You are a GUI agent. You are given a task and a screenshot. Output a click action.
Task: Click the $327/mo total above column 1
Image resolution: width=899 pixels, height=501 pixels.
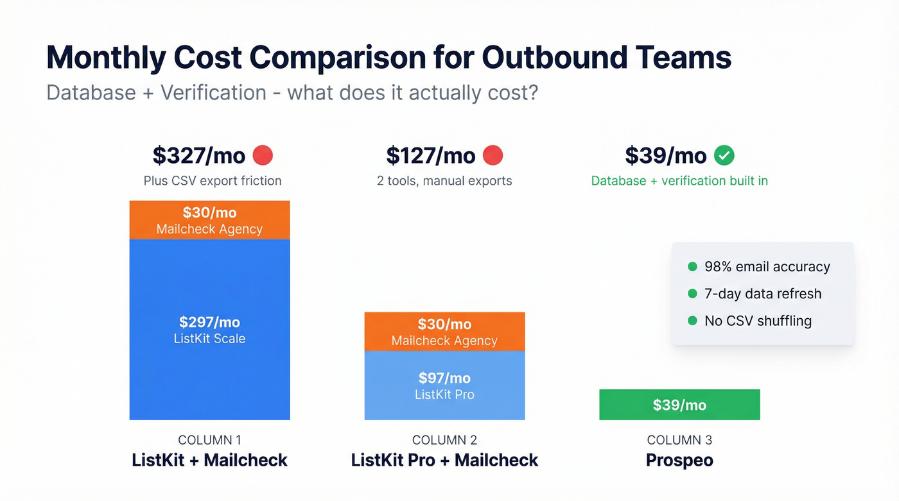(x=199, y=155)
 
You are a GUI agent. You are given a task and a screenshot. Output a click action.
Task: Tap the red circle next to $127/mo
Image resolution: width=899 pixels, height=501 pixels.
(x=493, y=155)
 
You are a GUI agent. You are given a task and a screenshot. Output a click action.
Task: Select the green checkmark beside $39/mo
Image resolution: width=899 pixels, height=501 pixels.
(x=724, y=155)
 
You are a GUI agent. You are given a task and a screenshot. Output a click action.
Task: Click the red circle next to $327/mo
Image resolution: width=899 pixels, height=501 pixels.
(x=263, y=155)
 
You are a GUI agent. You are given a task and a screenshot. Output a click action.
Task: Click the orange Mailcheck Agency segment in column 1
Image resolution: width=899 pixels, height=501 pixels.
(x=209, y=220)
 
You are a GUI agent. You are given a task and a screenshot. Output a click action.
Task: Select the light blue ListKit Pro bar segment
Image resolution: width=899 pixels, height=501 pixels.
(x=444, y=386)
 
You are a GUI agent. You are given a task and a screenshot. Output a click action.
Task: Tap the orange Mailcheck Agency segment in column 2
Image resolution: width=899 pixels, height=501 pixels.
(x=444, y=332)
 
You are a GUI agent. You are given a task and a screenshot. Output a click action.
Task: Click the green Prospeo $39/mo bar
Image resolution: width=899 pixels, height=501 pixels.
(x=679, y=405)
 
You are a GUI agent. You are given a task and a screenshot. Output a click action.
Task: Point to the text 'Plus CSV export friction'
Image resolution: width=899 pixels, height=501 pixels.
(x=213, y=181)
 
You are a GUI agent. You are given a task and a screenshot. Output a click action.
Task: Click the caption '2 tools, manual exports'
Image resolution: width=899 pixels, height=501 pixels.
(x=444, y=181)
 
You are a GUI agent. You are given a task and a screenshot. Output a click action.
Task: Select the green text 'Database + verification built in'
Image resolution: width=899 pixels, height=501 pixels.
(x=679, y=181)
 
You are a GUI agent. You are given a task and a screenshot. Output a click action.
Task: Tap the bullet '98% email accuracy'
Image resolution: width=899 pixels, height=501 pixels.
(x=767, y=267)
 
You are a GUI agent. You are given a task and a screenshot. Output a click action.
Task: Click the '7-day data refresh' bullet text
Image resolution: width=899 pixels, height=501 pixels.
(x=763, y=294)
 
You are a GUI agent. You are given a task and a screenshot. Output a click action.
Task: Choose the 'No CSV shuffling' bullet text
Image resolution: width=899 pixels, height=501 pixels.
(x=758, y=321)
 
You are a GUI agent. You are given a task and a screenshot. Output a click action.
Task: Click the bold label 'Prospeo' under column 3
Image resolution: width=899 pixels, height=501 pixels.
(x=679, y=460)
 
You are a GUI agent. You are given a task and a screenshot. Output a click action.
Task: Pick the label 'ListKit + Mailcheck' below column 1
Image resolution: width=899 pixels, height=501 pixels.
(x=209, y=460)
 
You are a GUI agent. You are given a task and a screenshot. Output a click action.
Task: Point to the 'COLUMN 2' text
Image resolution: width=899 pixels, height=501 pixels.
(x=444, y=440)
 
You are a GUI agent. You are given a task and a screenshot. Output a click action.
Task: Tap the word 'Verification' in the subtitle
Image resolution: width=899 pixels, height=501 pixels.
(x=213, y=92)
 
